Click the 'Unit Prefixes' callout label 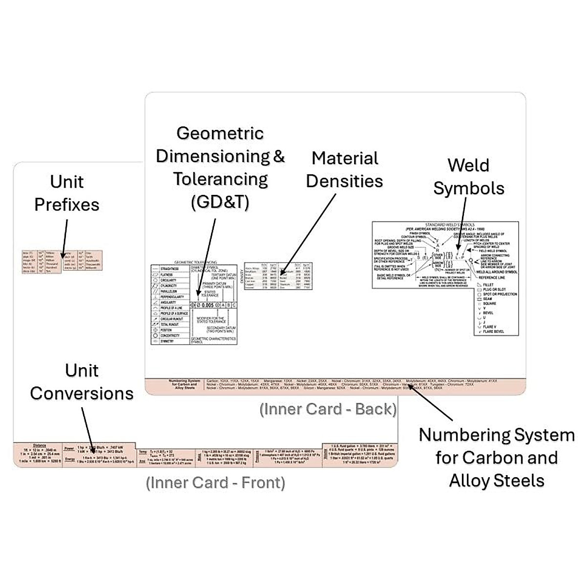point(67,193)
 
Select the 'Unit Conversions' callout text point(82,382)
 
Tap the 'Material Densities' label point(345,169)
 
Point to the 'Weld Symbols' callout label point(469,176)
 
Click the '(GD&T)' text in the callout point(220,202)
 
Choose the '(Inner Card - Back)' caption point(328,409)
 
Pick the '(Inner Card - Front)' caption point(215,482)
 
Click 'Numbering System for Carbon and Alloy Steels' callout point(497,458)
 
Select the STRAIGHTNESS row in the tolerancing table point(169,269)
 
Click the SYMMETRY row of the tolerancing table point(167,341)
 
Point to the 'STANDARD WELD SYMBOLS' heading point(450,225)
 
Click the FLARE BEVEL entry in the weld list point(493,332)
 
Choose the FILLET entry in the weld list point(488,285)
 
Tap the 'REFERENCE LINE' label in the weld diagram point(492,277)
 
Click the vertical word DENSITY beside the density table point(242,276)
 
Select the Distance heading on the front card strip point(40,445)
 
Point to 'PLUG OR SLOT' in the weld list point(494,290)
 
